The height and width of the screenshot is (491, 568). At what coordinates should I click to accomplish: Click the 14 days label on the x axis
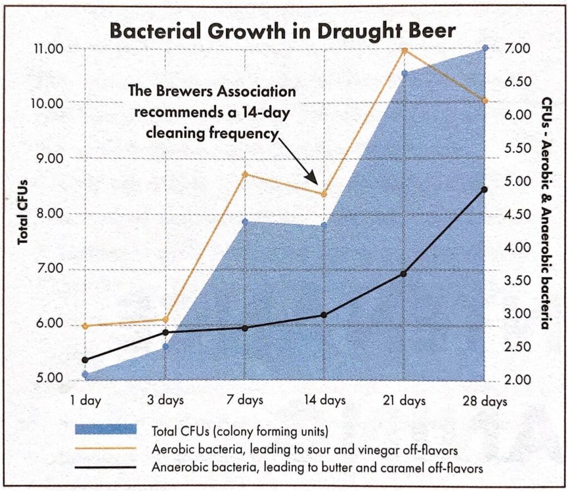pyautogui.click(x=325, y=400)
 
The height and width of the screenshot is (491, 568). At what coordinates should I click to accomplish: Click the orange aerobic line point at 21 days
pyautogui.click(x=404, y=51)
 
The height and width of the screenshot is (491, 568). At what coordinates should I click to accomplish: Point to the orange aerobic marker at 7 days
pyautogui.click(x=245, y=174)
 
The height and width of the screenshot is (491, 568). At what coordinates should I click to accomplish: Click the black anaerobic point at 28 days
pyautogui.click(x=484, y=189)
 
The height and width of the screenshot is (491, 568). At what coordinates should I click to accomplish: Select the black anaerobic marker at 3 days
pyautogui.click(x=165, y=332)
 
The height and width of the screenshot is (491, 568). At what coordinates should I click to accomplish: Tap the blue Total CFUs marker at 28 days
pyautogui.click(x=485, y=48)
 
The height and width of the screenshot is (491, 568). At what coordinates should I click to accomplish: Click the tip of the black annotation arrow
pyautogui.click(x=317, y=184)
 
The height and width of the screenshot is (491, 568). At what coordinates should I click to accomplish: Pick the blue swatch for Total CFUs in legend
pyautogui.click(x=105, y=430)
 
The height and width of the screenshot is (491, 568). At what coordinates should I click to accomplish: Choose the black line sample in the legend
pyautogui.click(x=105, y=468)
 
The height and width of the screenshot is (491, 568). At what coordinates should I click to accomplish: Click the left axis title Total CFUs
pyautogui.click(x=23, y=214)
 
